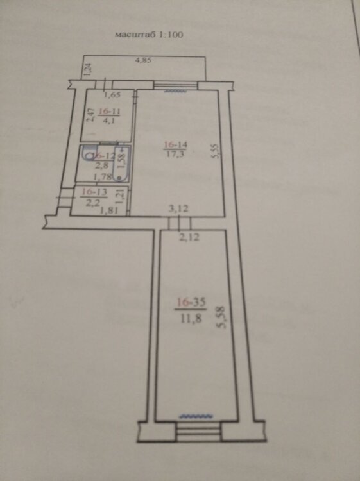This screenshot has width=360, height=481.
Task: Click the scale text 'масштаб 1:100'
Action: [x=149, y=35]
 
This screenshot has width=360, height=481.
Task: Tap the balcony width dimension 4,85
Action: [x=143, y=60]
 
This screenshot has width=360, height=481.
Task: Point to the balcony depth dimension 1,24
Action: [x=87, y=70]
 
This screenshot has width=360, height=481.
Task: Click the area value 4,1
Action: [x=109, y=121]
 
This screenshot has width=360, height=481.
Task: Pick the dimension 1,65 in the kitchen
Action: [x=112, y=95]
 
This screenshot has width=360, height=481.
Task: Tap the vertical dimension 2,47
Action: [x=90, y=114]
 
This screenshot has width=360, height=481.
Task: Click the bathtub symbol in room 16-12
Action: [x=120, y=163]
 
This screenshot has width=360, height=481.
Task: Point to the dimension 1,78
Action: [x=101, y=177]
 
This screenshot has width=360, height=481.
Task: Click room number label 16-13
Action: [x=94, y=192]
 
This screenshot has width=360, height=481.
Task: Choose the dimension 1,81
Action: [x=110, y=211]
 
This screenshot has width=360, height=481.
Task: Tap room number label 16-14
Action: [x=176, y=144]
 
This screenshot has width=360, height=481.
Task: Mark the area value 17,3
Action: [x=175, y=154]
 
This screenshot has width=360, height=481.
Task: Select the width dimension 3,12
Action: [x=179, y=209]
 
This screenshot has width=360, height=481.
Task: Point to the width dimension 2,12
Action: [x=189, y=237]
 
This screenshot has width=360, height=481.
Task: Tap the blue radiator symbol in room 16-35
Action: [x=196, y=416]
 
